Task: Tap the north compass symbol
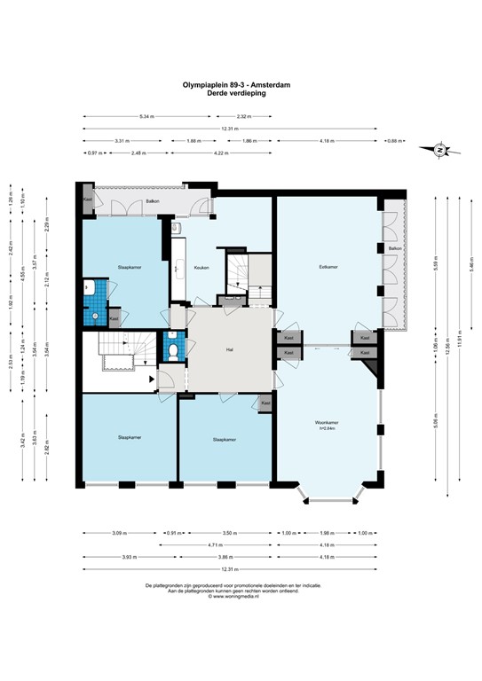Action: pos(440,151)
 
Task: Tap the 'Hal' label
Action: pos(229,350)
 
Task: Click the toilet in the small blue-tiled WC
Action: pos(173,349)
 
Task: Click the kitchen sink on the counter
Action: pos(177,267)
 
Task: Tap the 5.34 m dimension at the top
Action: pos(146,116)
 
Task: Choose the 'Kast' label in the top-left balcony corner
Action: pos(88,200)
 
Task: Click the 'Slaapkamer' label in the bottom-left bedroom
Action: pos(129,438)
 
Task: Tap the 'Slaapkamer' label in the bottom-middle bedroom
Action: pos(224,439)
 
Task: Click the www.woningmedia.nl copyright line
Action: pos(233,597)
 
